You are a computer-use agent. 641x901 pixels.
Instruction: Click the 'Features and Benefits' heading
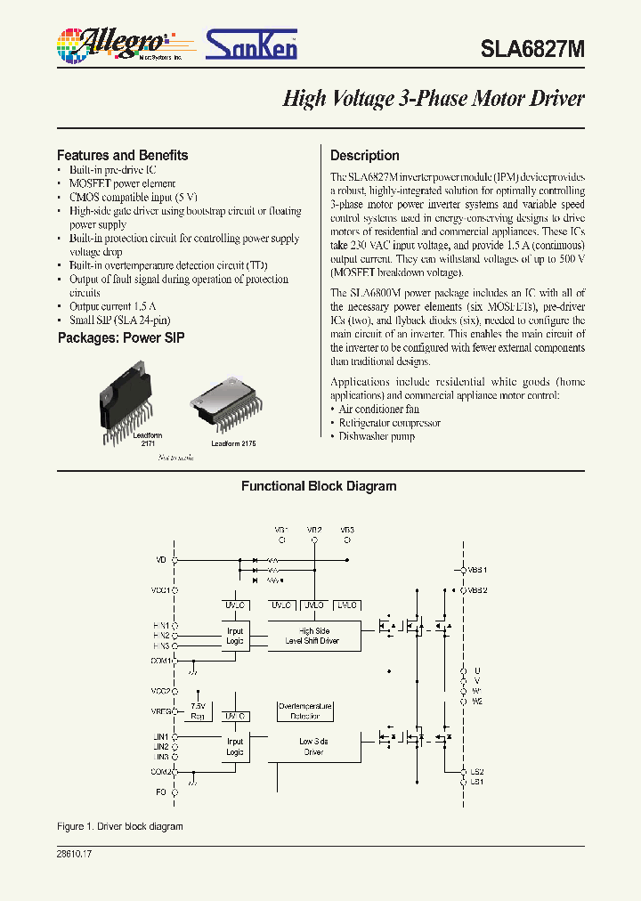[123, 155]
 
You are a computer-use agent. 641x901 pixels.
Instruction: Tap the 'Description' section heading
[365, 155]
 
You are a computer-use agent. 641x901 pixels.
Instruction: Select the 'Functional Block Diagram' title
[319, 486]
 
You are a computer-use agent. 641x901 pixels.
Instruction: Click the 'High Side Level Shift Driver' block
[312, 636]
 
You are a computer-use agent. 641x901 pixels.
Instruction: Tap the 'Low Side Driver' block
[312, 746]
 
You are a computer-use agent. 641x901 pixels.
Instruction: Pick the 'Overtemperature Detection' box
[305, 710]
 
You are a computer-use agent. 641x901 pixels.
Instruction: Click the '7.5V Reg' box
[199, 710]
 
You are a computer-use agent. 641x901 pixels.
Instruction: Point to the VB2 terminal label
[314, 530]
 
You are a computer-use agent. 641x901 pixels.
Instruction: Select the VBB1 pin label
[478, 569]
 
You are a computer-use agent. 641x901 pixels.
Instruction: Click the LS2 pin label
[477, 771]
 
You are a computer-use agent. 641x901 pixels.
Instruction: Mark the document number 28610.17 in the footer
[74, 853]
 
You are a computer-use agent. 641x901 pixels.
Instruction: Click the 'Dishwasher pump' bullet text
[377, 436]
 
